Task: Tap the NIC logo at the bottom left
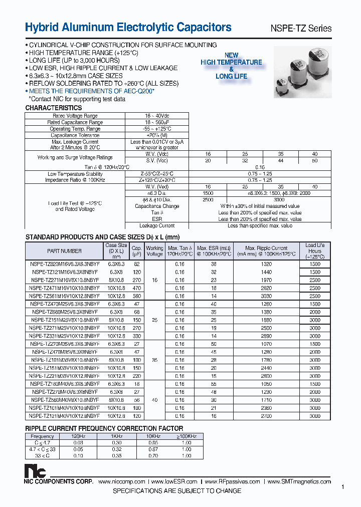coord(36,471)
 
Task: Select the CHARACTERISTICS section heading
coord(54,108)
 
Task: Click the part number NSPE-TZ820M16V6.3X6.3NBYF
coord(64,264)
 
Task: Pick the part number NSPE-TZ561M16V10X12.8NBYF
coord(65,296)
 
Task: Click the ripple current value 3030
coord(266,296)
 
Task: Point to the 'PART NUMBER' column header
coord(64,251)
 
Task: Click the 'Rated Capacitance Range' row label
coord(75,122)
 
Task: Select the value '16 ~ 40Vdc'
coord(157,116)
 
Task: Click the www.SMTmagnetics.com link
coord(299,481)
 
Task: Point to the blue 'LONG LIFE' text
coord(231,76)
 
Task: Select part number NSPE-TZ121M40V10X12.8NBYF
coord(64,416)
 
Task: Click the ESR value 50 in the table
coord(214,344)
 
